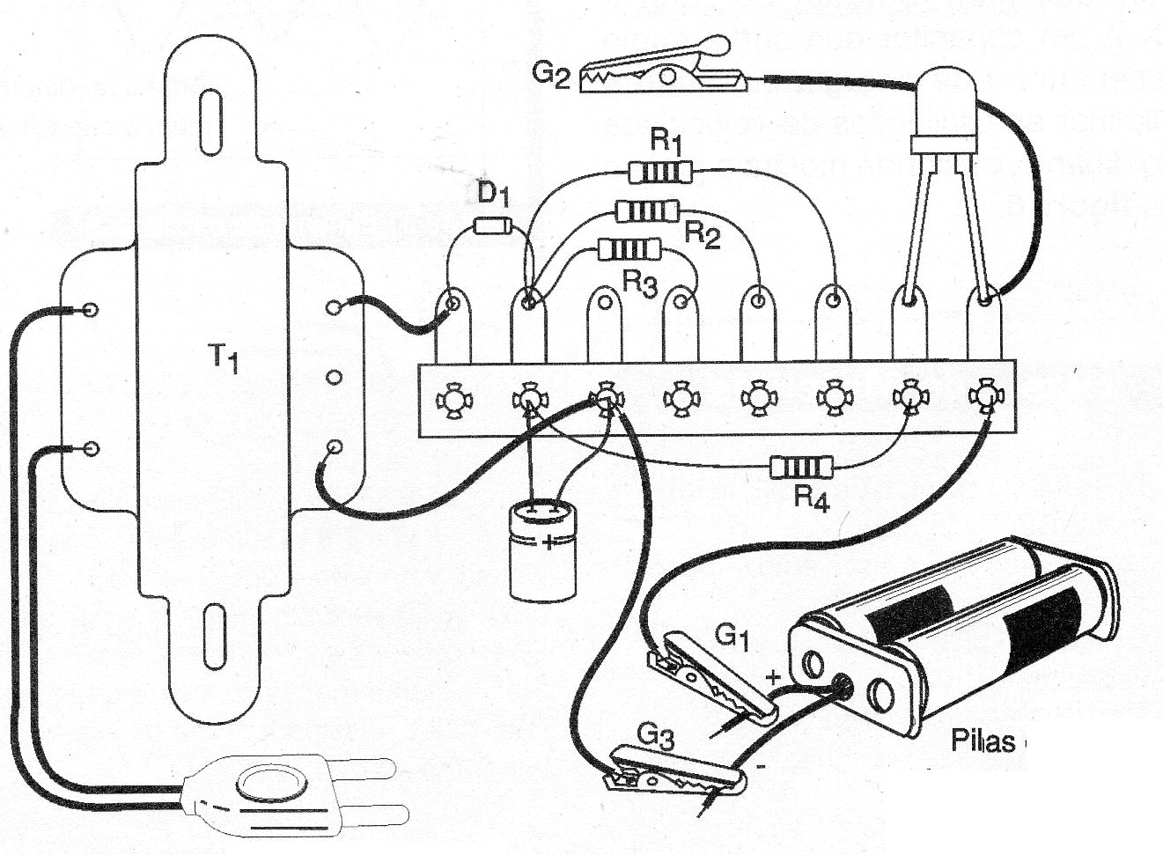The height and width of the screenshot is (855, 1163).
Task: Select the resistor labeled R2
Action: [646, 211]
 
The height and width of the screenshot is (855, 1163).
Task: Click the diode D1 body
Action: [492, 225]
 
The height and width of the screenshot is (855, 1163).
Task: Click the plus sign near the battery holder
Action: [773, 678]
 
